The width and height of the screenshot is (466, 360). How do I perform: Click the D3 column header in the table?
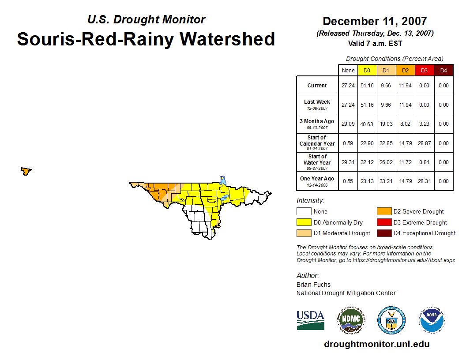424,71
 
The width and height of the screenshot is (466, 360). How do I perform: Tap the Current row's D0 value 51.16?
367,86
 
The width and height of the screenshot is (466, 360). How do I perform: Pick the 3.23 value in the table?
424,124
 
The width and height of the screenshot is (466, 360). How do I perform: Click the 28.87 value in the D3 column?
424,143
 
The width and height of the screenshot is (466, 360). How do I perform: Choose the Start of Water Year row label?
317,162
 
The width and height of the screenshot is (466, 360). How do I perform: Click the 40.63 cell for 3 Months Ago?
367,124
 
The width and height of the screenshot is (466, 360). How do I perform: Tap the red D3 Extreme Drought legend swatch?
383,222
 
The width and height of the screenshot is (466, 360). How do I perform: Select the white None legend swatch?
304,212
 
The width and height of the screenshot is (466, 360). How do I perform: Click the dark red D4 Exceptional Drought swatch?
383,233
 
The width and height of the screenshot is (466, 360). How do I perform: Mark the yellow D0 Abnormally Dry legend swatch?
304,222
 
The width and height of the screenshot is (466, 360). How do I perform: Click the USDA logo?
310,320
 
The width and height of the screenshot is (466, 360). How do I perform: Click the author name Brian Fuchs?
313,285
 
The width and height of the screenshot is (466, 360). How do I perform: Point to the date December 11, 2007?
375,21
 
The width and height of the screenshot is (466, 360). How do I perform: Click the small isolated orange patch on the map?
26,171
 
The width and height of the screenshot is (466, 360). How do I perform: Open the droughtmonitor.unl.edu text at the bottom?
376,344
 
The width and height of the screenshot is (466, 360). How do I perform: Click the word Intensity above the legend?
310,201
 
